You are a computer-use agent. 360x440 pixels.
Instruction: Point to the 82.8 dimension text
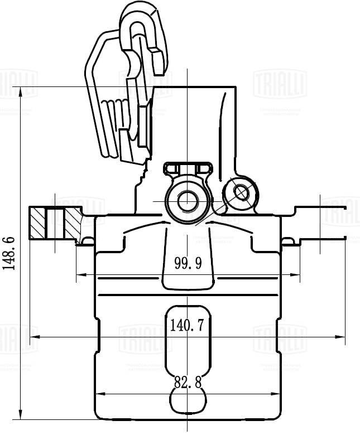(188, 383)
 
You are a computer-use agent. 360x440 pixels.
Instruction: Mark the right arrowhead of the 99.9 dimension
(296, 274)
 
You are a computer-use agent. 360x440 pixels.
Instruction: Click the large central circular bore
(187, 200)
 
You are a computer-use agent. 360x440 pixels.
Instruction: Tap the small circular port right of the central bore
(241, 192)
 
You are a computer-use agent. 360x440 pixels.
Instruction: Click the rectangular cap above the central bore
(187, 168)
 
